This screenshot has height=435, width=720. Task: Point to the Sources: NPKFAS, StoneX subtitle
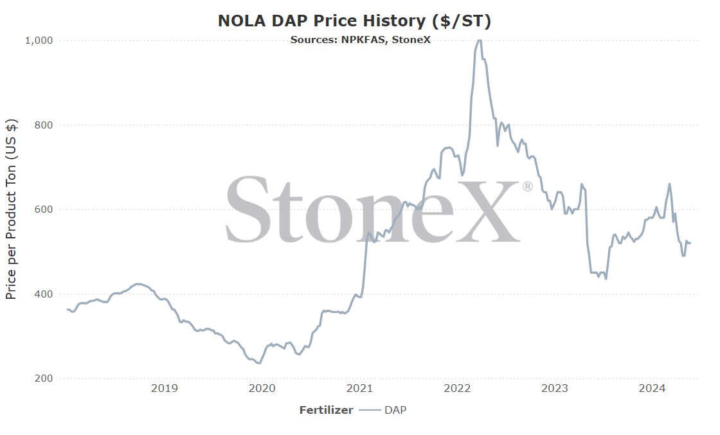tap(361, 40)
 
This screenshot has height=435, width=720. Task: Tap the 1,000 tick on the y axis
tap(39, 40)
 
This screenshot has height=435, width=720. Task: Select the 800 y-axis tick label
tap(44, 125)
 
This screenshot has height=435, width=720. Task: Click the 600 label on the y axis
tap(44, 209)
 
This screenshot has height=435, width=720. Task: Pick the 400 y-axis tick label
tap(44, 294)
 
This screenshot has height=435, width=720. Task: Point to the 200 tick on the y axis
tap(44, 378)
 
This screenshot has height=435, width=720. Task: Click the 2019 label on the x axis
tap(165, 389)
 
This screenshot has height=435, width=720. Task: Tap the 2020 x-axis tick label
tap(262, 389)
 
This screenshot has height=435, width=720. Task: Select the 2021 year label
tap(359, 389)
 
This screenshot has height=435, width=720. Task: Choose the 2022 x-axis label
tap(457, 389)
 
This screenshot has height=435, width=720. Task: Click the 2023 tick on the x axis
tap(555, 389)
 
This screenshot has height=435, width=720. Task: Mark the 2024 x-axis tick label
tap(652, 389)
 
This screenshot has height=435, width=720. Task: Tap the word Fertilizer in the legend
tap(326, 410)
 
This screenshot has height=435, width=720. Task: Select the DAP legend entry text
tap(395, 410)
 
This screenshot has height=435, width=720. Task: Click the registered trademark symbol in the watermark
tap(527, 187)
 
